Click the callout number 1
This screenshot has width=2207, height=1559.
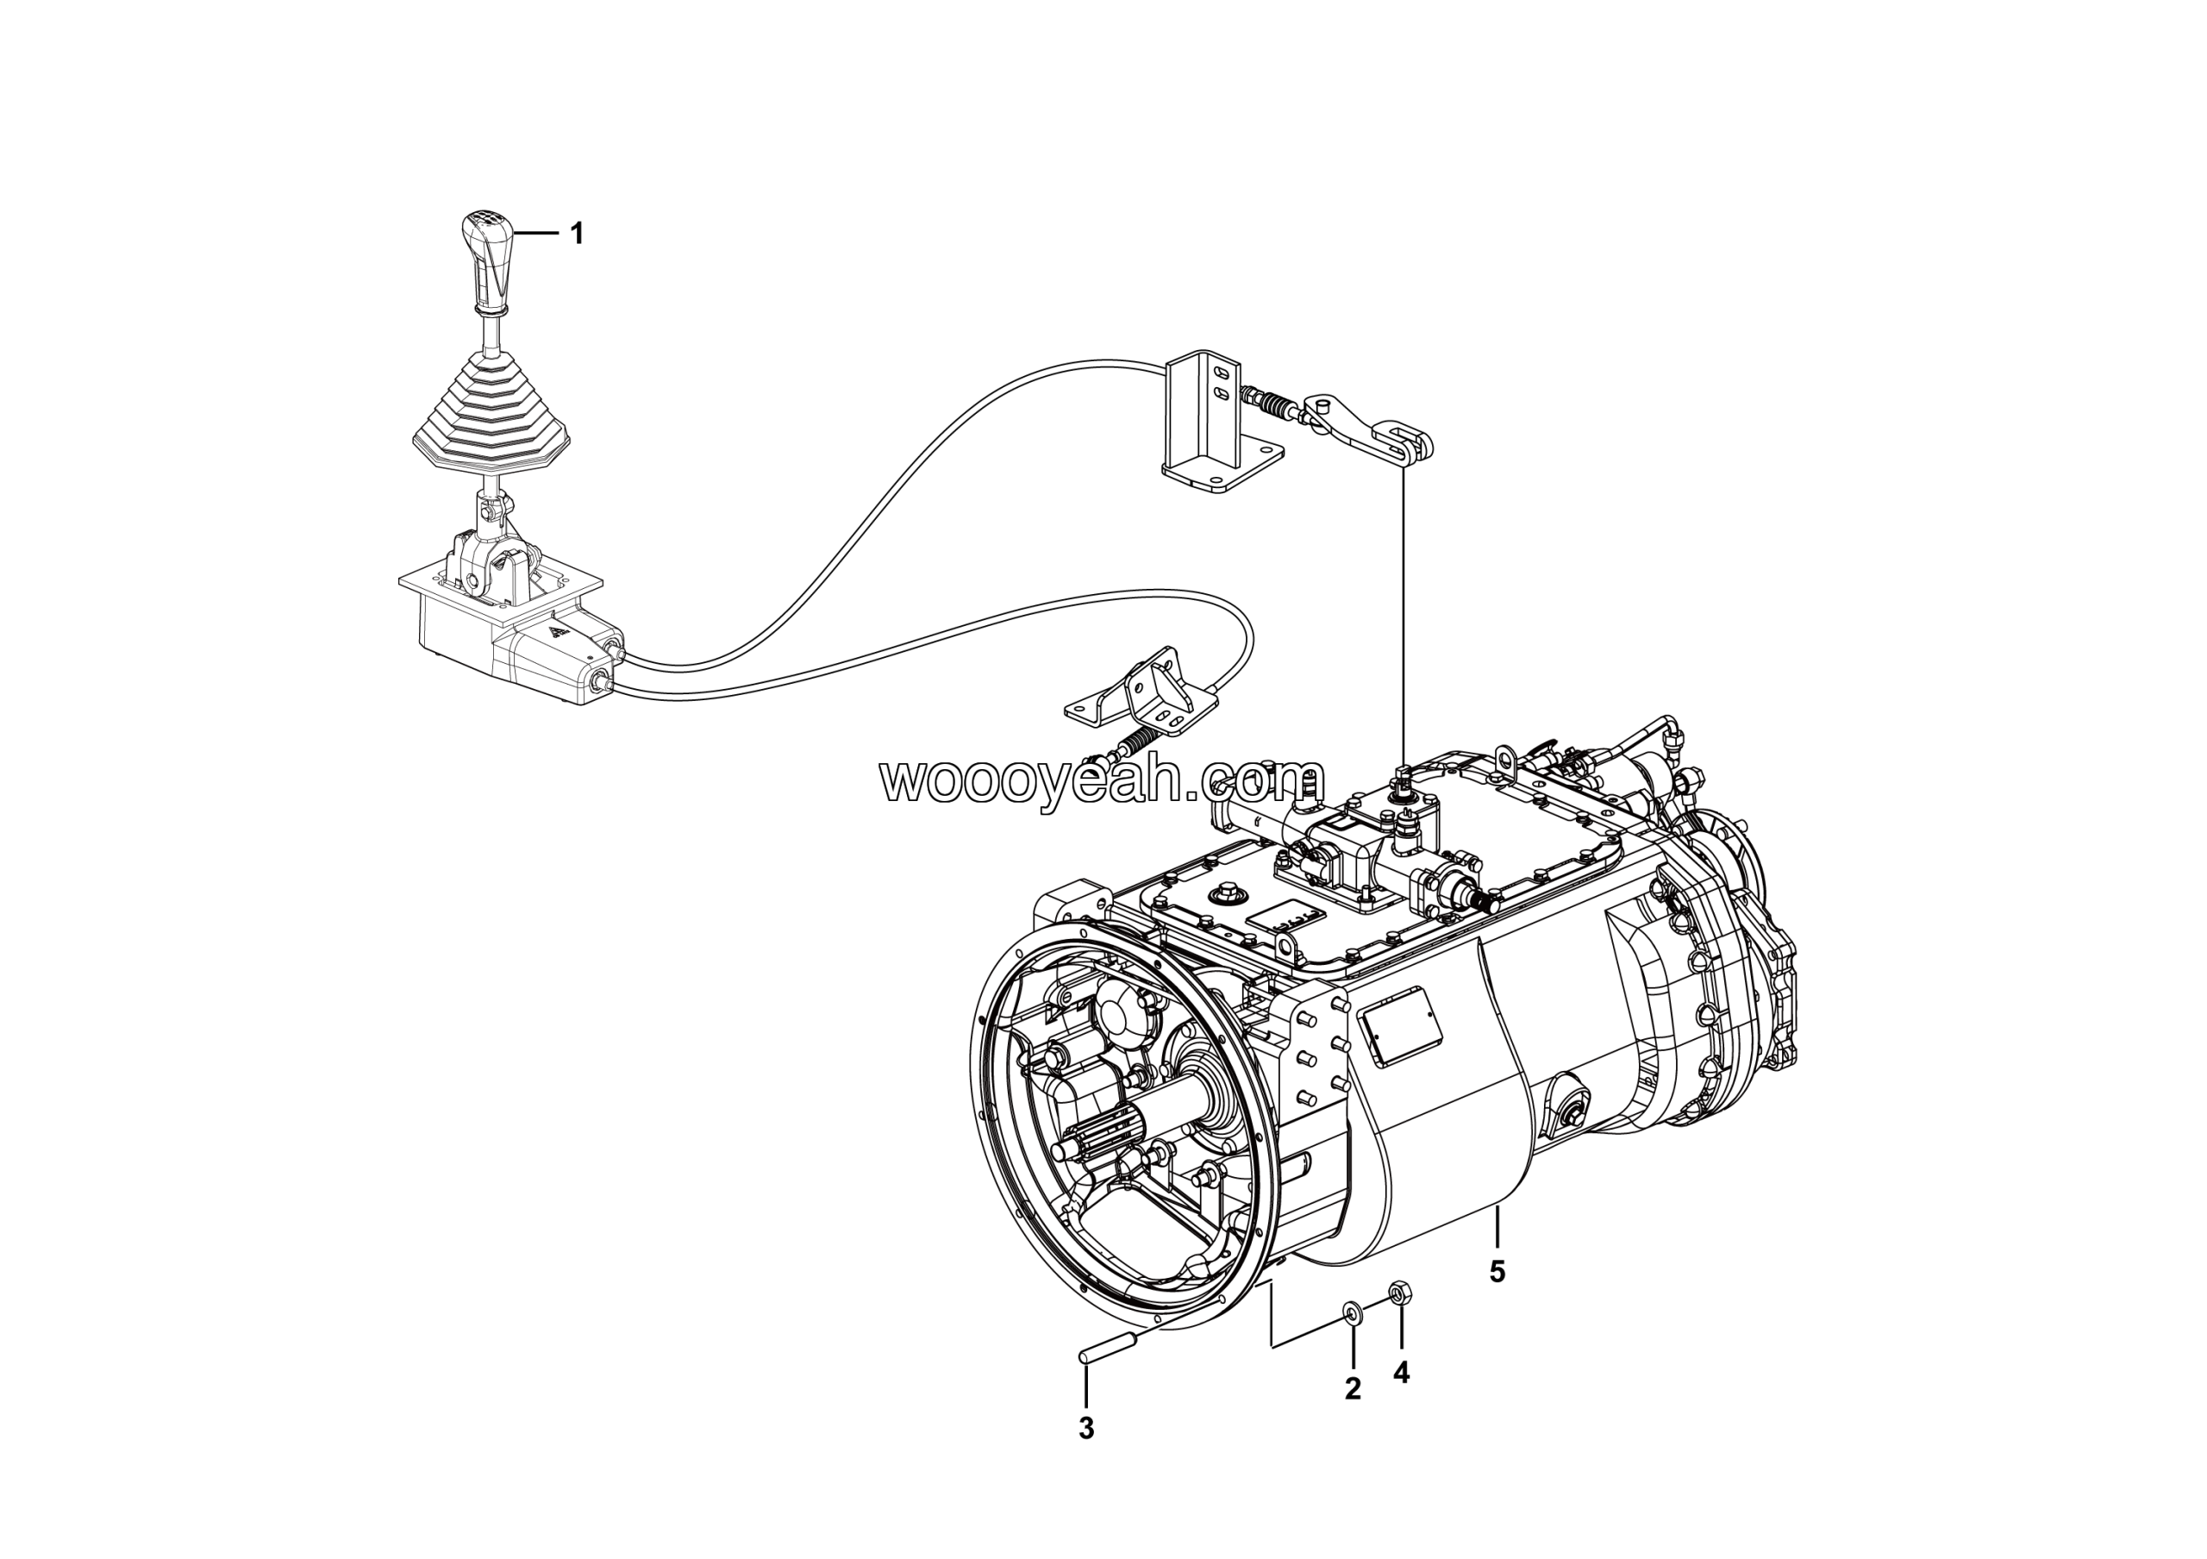point(577,234)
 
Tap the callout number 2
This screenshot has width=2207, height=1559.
point(1353,1388)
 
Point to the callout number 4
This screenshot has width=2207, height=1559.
point(1401,1374)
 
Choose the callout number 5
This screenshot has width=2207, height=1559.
point(1497,1272)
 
